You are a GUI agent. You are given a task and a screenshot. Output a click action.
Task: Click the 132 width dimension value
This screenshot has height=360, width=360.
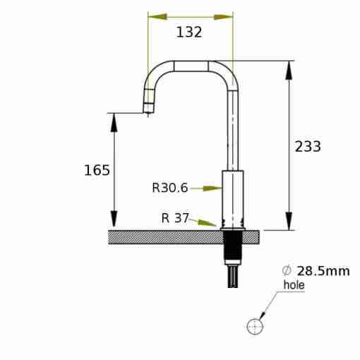pyautogui.click(x=189, y=32)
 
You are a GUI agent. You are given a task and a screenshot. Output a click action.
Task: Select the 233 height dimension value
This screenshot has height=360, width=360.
pyautogui.click(x=308, y=146)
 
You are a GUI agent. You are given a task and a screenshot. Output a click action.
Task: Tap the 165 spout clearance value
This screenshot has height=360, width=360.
pyautogui.click(x=97, y=170)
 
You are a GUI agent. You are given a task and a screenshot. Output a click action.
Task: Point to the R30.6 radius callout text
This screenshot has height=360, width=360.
pyautogui.click(x=170, y=188)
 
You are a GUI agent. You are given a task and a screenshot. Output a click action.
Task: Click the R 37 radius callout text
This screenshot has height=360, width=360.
pyautogui.click(x=175, y=218)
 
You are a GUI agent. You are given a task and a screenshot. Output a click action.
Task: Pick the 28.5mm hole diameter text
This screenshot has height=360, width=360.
pyautogui.click(x=323, y=271)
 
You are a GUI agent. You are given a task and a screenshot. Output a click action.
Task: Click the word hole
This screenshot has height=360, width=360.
pyautogui.click(x=294, y=284)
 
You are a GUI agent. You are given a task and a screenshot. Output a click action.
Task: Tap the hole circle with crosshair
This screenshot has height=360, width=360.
pyautogui.click(x=255, y=326)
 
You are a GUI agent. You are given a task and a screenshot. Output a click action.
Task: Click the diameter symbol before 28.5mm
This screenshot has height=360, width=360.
pyautogui.click(x=287, y=271)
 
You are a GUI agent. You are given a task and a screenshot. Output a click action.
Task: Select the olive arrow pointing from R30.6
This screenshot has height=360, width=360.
pyautogui.click(x=206, y=188)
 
